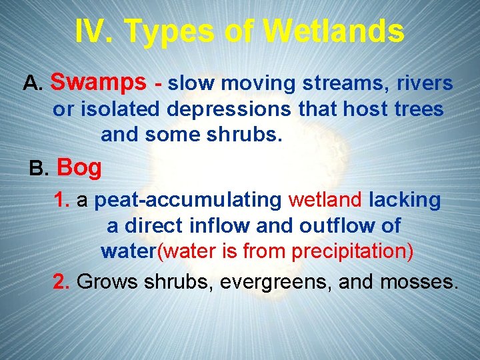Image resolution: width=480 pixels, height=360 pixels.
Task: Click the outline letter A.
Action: click(x=33, y=83)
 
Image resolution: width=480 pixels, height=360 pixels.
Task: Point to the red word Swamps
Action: click(x=98, y=82)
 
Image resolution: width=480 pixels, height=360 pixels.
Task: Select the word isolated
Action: click(x=119, y=109)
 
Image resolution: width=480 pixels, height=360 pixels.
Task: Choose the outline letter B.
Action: click(x=39, y=168)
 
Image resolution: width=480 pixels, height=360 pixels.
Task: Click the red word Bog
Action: click(x=79, y=167)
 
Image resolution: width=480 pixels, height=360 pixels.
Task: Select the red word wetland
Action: click(x=326, y=199)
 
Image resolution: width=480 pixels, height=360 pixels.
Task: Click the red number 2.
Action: click(x=62, y=281)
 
